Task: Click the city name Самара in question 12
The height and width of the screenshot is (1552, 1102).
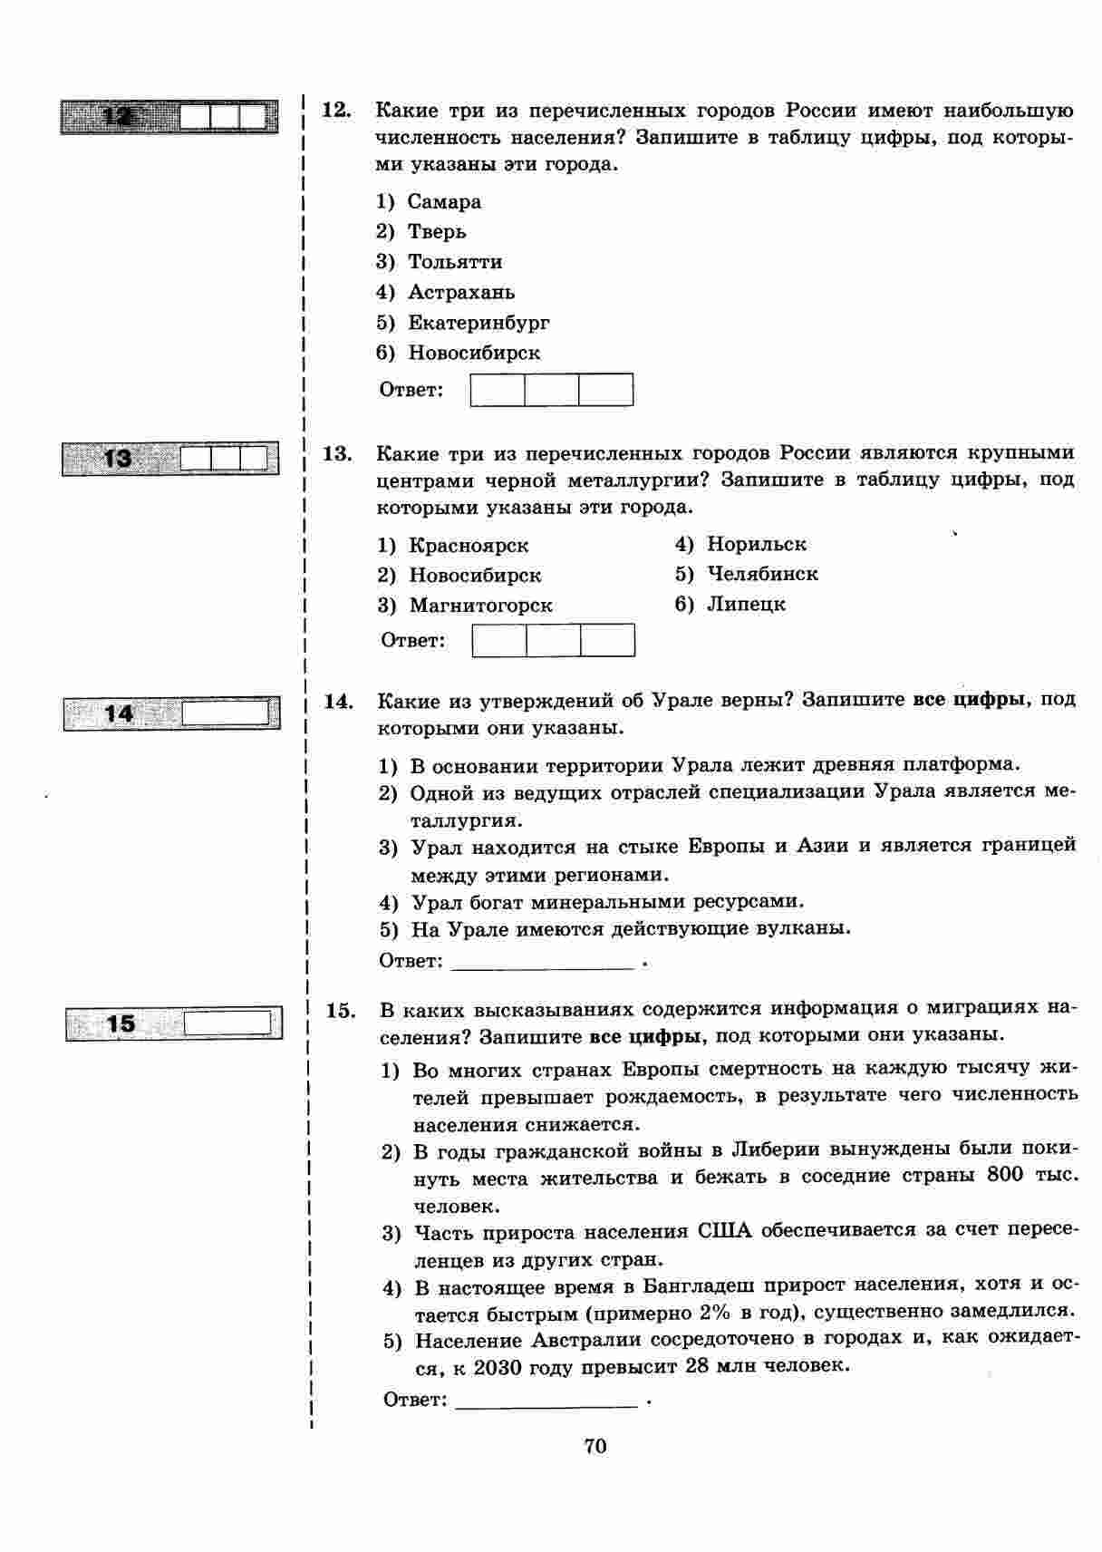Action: coord(444,202)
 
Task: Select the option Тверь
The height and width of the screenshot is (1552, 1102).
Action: coord(437,232)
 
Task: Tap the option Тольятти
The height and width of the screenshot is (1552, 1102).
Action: coord(455,262)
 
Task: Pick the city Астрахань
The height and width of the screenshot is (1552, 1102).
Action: coord(461,292)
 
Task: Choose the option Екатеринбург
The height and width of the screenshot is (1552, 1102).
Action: coord(478,323)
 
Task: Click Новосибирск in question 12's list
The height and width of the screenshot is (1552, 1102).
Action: coord(474,353)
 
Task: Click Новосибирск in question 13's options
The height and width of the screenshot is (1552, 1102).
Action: coord(475,575)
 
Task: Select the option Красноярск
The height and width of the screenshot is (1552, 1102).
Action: coord(469,545)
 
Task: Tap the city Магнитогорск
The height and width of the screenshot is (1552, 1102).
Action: coord(480,605)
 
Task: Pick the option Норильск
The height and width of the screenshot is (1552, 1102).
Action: coord(756,544)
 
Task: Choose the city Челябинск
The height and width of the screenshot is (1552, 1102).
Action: coord(762,574)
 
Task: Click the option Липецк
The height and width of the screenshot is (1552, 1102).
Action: coord(746,604)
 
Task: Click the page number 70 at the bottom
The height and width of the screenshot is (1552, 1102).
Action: coord(595,1445)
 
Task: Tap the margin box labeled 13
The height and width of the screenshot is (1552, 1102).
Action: coord(170,459)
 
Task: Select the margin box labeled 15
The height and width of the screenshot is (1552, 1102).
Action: coord(174,1023)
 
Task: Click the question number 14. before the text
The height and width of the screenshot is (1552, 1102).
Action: coord(338,701)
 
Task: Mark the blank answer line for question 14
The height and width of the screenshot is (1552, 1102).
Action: coord(541,963)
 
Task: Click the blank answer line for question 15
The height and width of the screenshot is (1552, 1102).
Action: coord(547,1401)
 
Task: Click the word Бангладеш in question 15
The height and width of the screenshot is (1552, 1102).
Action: coord(700,1286)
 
